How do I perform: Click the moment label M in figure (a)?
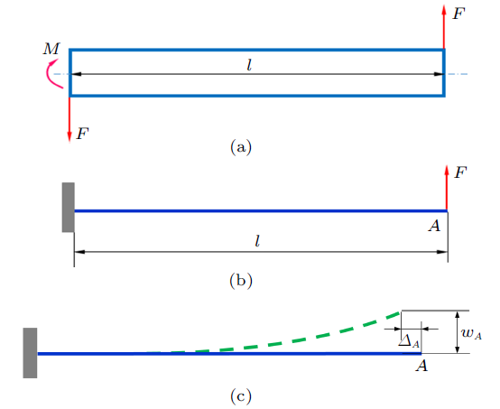click(51, 49)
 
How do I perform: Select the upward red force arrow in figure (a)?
click(443, 27)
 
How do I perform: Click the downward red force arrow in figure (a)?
click(69, 119)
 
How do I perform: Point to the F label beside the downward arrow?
click(82, 134)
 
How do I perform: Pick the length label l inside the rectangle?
click(249, 65)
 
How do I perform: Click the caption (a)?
click(241, 147)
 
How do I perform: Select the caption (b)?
click(241, 281)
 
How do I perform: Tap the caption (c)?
click(241, 396)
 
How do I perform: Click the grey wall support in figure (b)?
click(69, 208)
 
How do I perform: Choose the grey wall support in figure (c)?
click(30, 353)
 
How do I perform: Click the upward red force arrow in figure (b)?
click(447, 188)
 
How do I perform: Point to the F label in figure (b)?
click(460, 172)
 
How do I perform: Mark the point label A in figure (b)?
click(434, 226)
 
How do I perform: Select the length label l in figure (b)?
click(257, 241)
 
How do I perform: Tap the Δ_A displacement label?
click(409, 342)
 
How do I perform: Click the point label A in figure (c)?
click(421, 366)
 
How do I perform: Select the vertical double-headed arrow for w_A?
click(458, 331)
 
